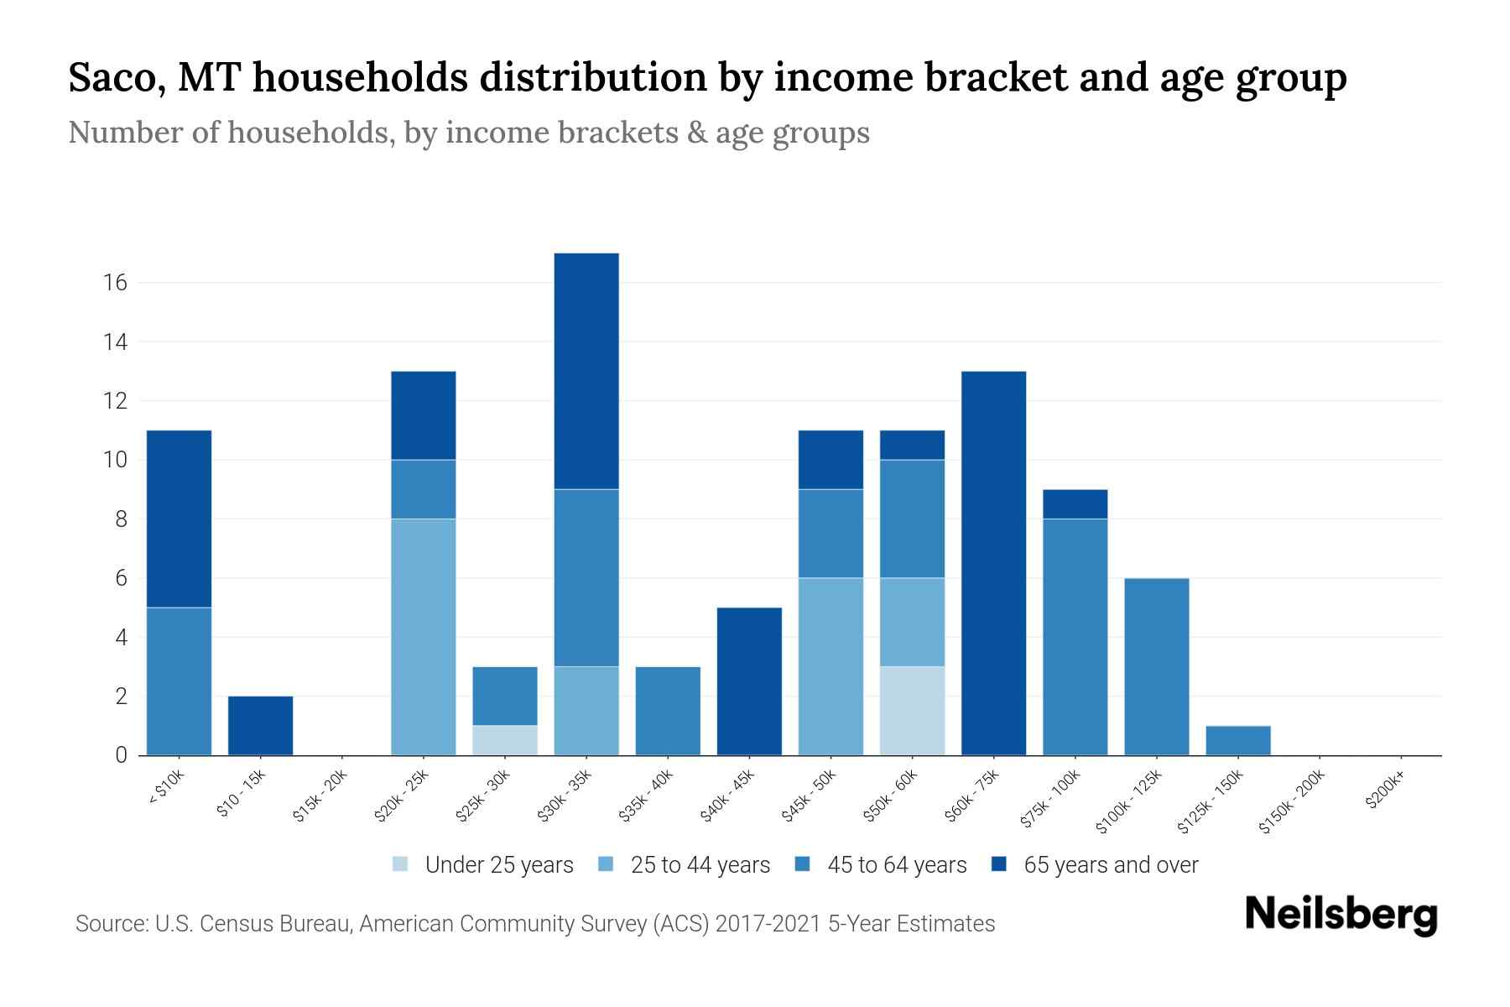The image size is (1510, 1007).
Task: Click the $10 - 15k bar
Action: point(260,726)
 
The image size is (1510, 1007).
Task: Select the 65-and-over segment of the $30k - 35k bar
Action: point(586,371)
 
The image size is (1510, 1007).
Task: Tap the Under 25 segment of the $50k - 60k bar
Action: point(912,711)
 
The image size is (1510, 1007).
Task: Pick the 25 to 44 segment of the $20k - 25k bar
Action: point(424,637)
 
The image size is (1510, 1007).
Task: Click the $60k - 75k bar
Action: point(993,563)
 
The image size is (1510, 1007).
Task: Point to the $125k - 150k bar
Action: point(1237,740)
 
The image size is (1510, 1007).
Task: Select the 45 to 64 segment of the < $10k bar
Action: point(179,681)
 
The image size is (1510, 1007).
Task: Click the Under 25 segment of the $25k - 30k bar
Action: point(505,740)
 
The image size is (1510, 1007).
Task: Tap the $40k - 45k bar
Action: point(749,681)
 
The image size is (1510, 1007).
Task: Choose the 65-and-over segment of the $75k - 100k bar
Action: point(1075,503)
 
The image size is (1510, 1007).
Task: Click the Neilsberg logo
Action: point(1341,915)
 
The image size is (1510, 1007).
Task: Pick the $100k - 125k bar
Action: point(1156,666)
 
